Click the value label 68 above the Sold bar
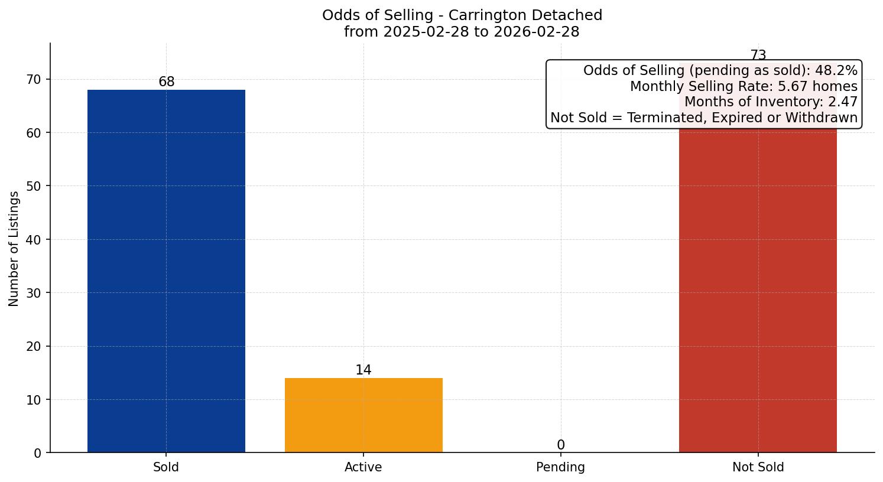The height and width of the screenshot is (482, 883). coord(167,82)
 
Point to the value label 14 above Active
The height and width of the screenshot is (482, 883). coord(363,370)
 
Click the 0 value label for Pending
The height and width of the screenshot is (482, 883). coord(560,445)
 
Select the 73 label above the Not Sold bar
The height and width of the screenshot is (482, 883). coord(758,56)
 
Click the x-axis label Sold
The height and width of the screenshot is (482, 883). coord(166,467)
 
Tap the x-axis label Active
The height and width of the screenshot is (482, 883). coord(363,467)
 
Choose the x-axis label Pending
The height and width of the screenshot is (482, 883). coord(560,467)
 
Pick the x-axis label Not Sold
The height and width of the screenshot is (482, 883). coord(758,467)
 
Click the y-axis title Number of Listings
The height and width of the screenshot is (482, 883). coord(14,249)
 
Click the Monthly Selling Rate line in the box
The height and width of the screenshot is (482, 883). coord(744,87)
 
